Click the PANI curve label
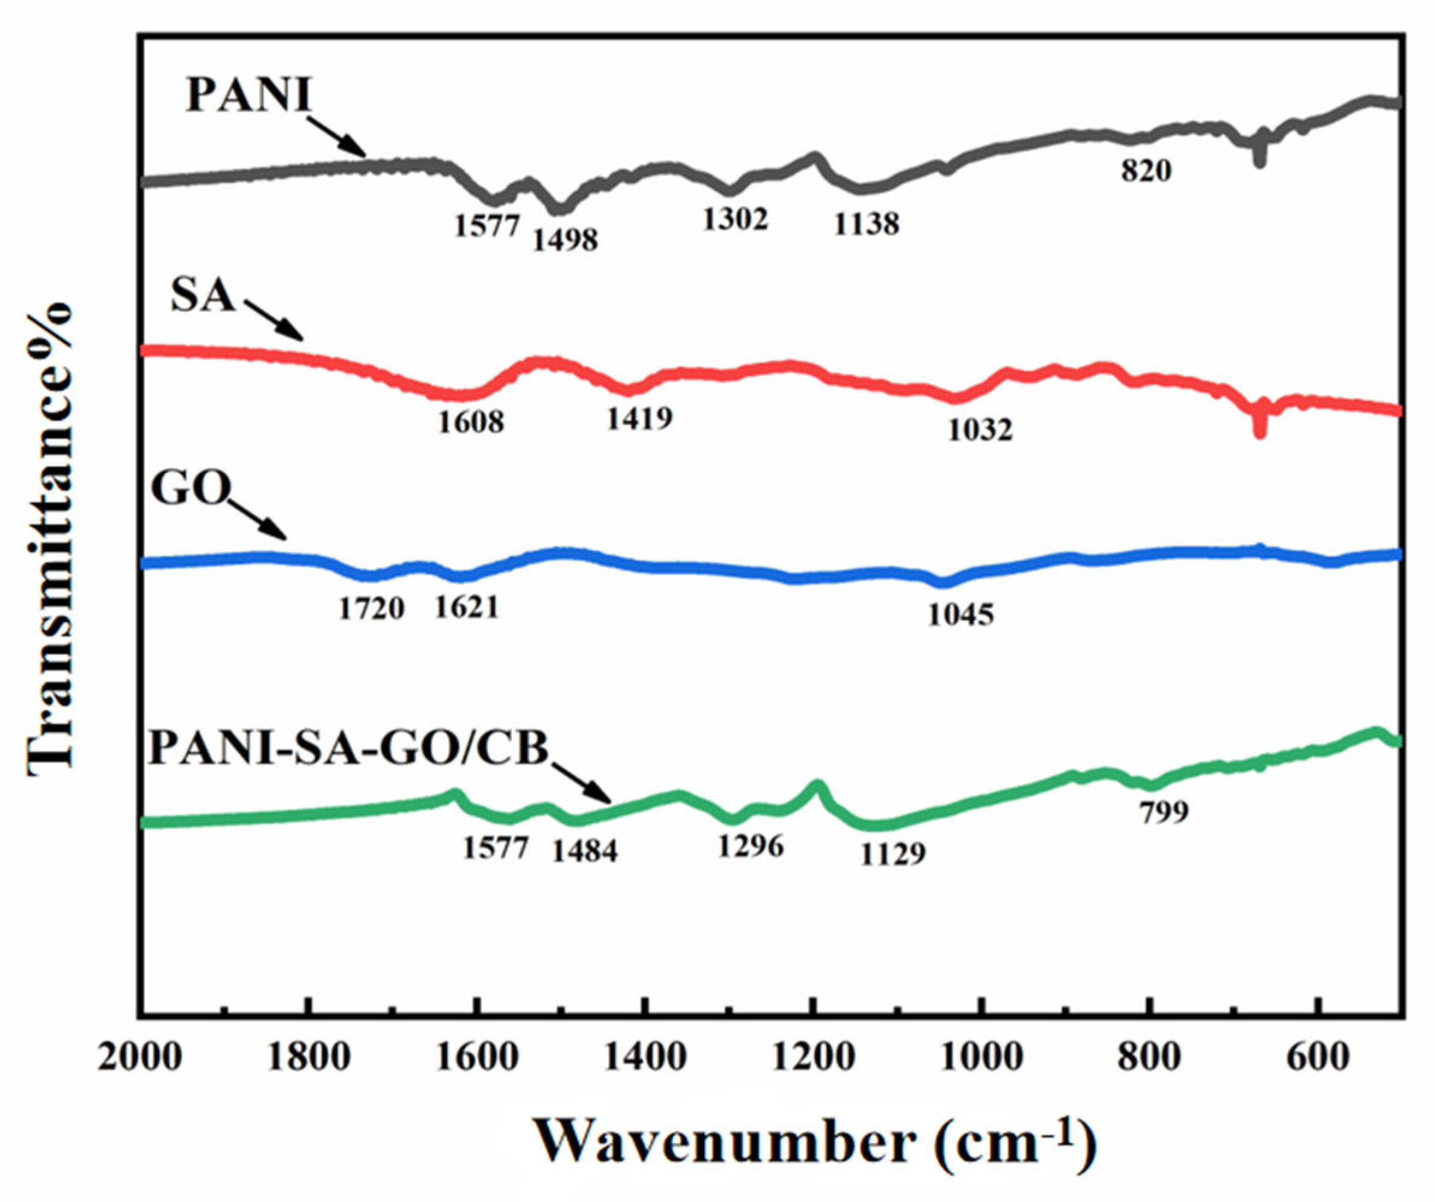click(249, 95)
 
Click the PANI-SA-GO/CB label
click(348, 748)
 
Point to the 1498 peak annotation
click(565, 240)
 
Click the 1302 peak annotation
click(736, 219)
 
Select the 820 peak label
click(1146, 171)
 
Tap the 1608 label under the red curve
click(471, 422)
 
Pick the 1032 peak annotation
click(980, 430)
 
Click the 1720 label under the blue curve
click(372, 608)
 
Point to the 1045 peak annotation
click(960, 615)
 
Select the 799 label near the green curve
click(1164, 812)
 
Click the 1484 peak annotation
click(585, 851)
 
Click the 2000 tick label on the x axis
click(140, 1059)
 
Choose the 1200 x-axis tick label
click(813, 1059)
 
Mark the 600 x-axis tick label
click(1318, 1059)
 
